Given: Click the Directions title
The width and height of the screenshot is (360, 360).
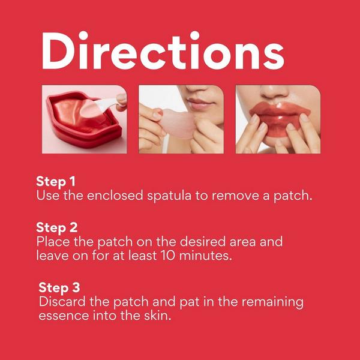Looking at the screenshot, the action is [x=163, y=50].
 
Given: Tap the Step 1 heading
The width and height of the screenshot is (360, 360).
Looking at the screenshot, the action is [x=56, y=182].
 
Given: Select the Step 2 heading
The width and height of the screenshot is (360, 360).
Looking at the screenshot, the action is [x=57, y=228].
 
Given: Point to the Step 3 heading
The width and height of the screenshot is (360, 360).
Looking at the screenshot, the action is [x=59, y=287].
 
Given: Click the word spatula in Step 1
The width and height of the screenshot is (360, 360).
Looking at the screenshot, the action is [x=169, y=196].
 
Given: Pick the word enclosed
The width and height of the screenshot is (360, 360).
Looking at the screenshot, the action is [x=115, y=196].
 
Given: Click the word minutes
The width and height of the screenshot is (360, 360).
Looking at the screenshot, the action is [x=205, y=256].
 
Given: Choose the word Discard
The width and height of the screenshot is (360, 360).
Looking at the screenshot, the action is [x=62, y=301].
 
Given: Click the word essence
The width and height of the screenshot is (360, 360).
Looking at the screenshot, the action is [x=64, y=316].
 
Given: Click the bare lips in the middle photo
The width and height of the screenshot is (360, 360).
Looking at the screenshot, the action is [x=200, y=104].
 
